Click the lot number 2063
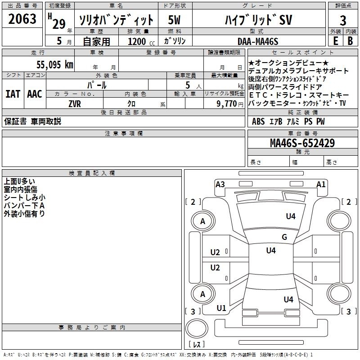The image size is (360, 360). pyautogui.click(x=22, y=19)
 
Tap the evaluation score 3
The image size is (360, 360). pyautogui.click(x=343, y=21)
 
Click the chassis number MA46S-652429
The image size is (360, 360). pyautogui.click(x=302, y=143)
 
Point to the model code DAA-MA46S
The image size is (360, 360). pyautogui.click(x=258, y=41)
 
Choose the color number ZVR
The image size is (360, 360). pyautogui.click(x=74, y=104)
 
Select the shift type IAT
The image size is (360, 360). pyautogui.click(x=12, y=94)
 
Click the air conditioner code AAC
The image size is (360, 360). pyautogui.click(x=34, y=94)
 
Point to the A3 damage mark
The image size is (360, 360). pyautogui.click(x=220, y=184)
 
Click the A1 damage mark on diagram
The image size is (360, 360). pyautogui.click(x=321, y=184)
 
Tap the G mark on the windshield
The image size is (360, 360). pyautogui.click(x=284, y=237)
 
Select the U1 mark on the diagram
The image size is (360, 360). pyautogui.click(x=221, y=308)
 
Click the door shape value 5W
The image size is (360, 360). pyautogui.click(x=175, y=20)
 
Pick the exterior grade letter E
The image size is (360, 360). pyautogui.click(x=335, y=41)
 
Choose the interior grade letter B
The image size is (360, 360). pyautogui.click(x=350, y=41)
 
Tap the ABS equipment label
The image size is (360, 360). pyautogui.click(x=258, y=121)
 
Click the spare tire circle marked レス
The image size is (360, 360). pyautogui.click(x=197, y=344)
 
